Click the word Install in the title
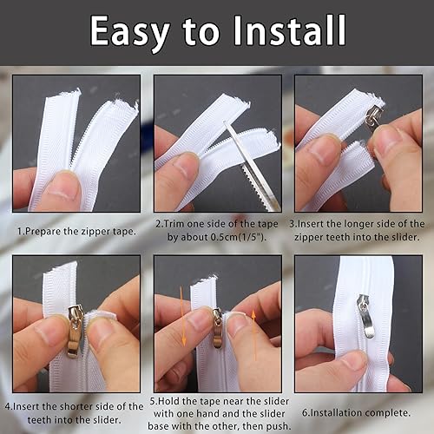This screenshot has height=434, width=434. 289,30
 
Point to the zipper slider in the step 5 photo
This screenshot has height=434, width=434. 218,328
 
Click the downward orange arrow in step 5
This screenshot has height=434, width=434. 182,316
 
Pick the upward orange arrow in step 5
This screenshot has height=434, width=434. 254,335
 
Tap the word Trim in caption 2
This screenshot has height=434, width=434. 174,224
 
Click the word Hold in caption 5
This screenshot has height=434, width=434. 169,402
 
